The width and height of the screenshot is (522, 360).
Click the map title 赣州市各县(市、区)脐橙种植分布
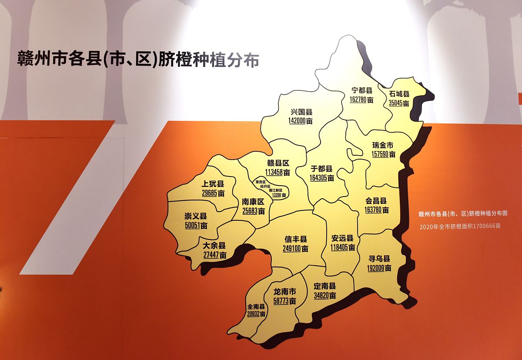pos(138,60)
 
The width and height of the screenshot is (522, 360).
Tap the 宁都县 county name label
pos(362,90)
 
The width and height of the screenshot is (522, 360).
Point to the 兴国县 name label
pos(301,112)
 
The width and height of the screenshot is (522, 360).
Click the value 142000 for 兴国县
pos(297,122)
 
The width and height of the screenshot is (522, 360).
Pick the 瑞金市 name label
pos(383,145)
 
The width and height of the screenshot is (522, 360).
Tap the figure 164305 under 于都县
pos(318,178)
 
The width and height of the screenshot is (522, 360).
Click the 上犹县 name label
pos(213,184)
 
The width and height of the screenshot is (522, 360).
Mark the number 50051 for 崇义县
pos(192,226)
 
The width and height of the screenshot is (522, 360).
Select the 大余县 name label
pos(214,246)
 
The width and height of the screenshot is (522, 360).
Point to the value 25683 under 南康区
pos(250,212)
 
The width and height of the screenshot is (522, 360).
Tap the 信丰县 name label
pos(296,240)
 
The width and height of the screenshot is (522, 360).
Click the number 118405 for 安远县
pos(339,248)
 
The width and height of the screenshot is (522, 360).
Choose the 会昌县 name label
pos(376,201)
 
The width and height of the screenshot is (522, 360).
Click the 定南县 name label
pos(325,287)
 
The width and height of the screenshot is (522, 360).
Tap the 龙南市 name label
pos(284,291)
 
